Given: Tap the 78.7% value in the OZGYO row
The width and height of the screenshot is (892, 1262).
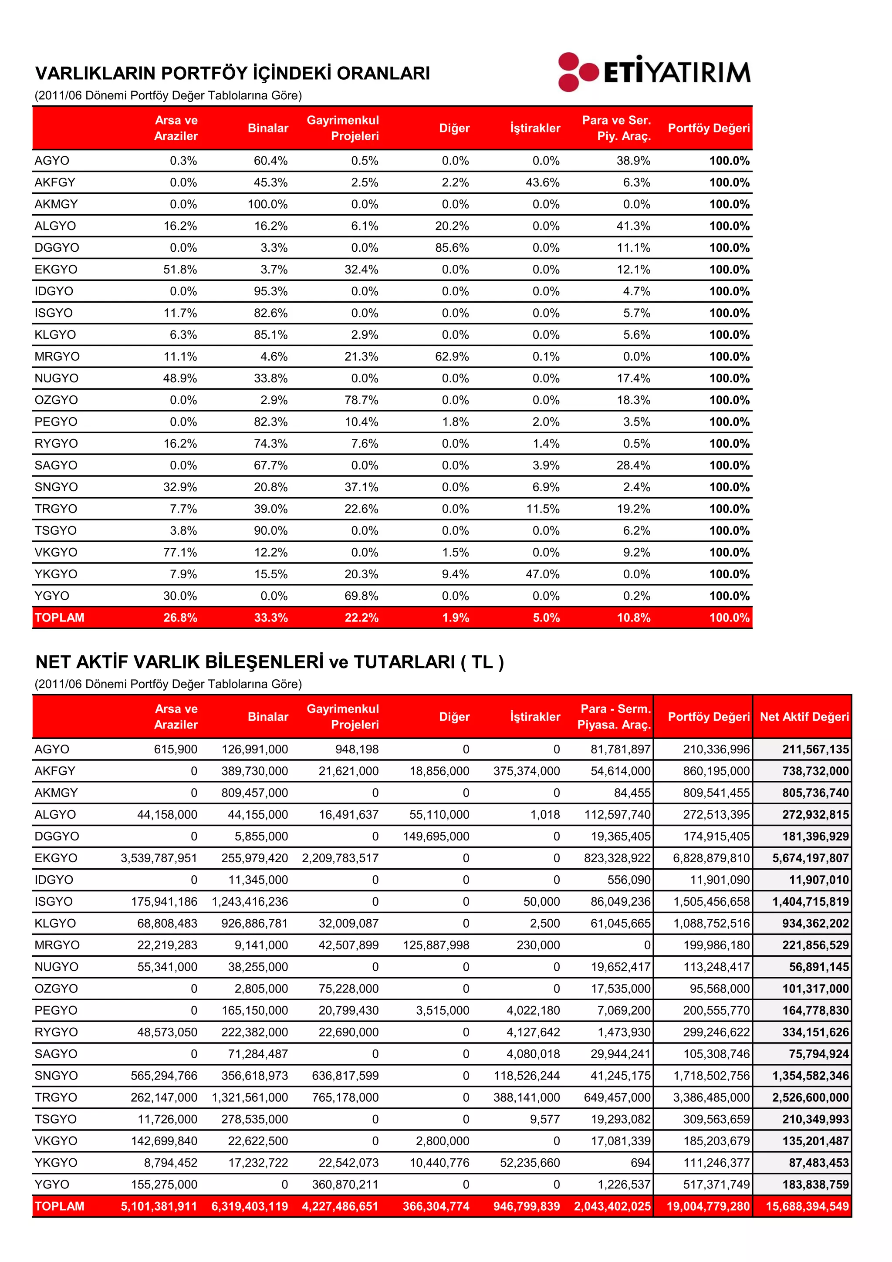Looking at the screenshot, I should pos(361,400).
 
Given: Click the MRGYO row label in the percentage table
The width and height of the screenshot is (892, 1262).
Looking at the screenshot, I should pos(57,357).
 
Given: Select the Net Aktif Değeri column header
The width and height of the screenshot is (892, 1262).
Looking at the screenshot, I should pos(804,717).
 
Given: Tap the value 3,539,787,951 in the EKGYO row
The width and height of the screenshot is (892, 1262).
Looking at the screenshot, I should pos(159,858).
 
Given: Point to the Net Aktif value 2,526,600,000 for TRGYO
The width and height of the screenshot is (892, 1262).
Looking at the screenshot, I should pos(810,1098).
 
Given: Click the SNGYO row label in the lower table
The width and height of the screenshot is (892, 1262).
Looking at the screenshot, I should pos(56,1076).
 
